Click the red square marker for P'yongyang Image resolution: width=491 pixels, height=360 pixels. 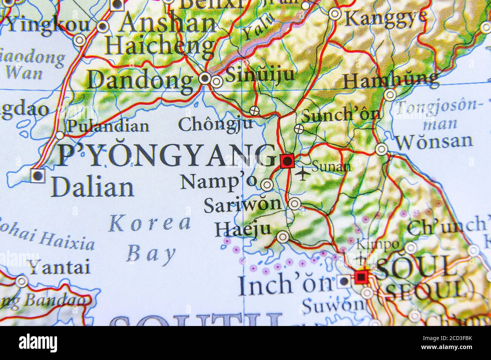pos(287,161)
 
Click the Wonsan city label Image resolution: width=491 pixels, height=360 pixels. pos(434,142)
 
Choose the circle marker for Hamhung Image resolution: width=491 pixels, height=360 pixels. pos(389,94)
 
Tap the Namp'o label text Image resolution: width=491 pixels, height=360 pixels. pos(218,182)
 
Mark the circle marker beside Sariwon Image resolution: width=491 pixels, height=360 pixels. pos(294,204)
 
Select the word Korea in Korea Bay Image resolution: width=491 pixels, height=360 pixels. pos(150,223)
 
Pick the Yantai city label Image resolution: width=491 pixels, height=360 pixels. pos(60,267)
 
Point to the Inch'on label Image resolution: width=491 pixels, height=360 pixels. pos(285,286)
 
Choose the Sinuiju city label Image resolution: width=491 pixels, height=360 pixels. pos(260,74)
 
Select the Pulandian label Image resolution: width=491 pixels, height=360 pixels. pos(108,126)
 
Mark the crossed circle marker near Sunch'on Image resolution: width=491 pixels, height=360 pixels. pos(299,129)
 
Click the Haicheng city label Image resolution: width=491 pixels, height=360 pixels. pos(160,46)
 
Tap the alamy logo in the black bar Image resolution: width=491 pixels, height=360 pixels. pos(38,343)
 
